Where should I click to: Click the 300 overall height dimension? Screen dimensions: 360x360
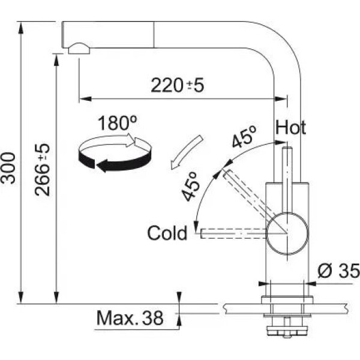click(x=8, y=168)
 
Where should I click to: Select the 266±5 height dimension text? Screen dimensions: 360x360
click(x=43, y=170)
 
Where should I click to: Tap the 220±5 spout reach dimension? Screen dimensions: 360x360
click(x=177, y=85)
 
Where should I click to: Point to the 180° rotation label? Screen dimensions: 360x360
click(x=118, y=123)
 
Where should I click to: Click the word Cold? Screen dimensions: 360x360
click(x=167, y=233)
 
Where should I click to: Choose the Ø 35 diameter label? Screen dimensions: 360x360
click(x=338, y=271)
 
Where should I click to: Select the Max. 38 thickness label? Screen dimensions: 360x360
click(x=130, y=318)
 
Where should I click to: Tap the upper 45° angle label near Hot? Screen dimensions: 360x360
click(x=244, y=137)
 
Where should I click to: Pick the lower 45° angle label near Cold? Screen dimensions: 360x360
click(x=190, y=186)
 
